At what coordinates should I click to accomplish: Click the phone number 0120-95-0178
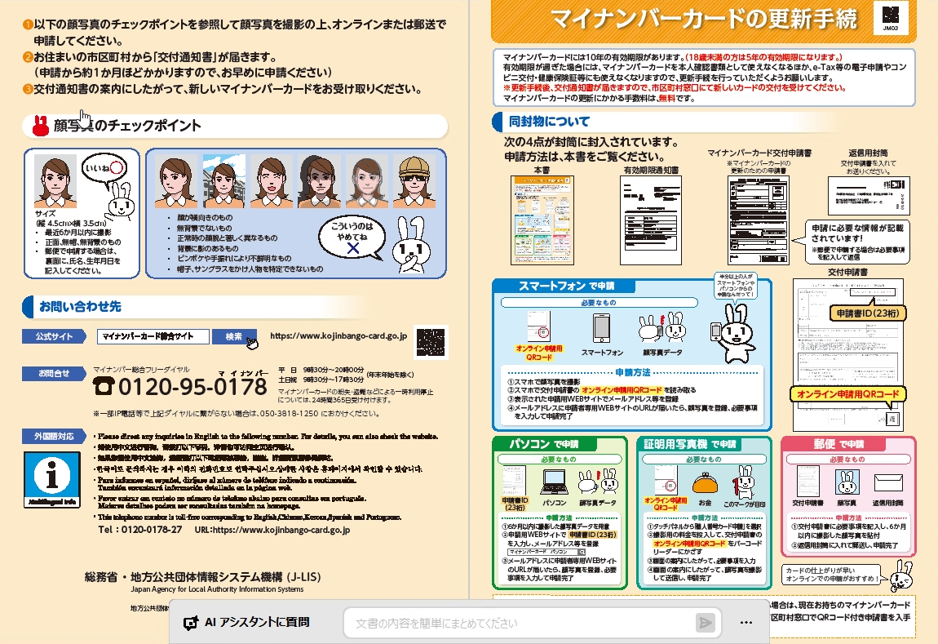click(x=192, y=385)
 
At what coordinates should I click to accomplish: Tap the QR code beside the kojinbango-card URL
click(x=432, y=341)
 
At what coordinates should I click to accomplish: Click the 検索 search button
click(x=234, y=336)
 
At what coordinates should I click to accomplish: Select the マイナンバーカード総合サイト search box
click(x=152, y=336)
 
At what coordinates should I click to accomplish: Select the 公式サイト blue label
click(x=54, y=336)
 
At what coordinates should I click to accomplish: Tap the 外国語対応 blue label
click(x=54, y=436)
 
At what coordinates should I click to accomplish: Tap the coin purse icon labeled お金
click(x=704, y=485)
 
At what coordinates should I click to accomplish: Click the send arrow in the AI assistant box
click(x=705, y=623)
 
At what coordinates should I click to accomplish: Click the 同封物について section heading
click(x=548, y=122)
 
